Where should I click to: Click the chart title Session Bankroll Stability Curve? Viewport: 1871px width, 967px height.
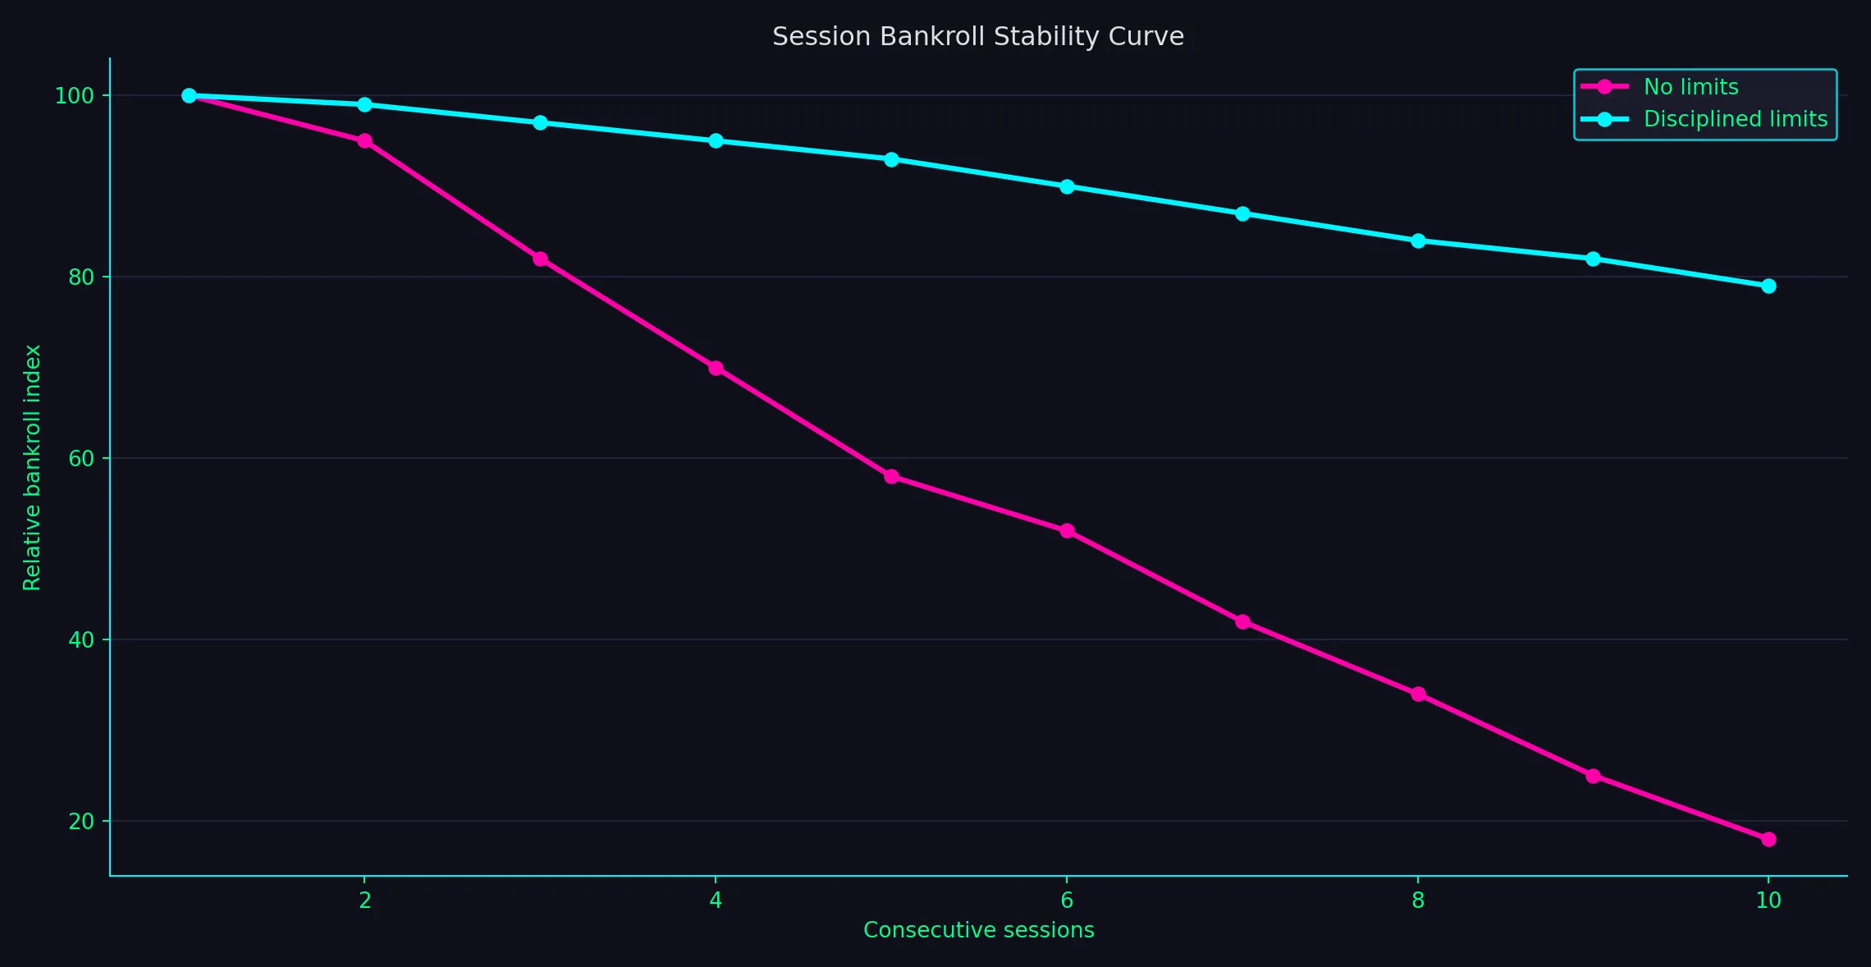pos(977,37)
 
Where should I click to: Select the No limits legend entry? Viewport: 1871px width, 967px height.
pos(1690,87)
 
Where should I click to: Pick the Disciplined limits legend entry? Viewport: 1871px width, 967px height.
pos(1735,119)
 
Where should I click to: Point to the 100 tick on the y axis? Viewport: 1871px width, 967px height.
pos(74,96)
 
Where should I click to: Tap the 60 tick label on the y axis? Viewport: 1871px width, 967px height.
pos(81,459)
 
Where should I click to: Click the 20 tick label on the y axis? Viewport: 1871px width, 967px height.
pos(81,822)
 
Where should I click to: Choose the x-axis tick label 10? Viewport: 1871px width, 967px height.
pos(1768,901)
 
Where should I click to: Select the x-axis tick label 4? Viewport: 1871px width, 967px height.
pos(716,901)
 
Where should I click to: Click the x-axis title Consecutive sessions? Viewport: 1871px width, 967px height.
pos(978,930)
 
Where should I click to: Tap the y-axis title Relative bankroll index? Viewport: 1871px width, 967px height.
pos(32,467)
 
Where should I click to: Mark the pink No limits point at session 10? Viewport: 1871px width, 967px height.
pos(1768,839)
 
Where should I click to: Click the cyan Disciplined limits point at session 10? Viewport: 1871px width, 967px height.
pos(1768,286)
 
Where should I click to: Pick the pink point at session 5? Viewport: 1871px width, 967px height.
pos(891,476)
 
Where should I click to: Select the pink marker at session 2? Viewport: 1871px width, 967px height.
pos(364,141)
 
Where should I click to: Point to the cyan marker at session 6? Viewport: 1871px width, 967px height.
pos(1067,186)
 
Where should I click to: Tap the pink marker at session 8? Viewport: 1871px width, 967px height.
pos(1418,694)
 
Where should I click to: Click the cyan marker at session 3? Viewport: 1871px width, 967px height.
pos(540,122)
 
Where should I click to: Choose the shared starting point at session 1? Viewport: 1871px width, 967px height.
pos(189,95)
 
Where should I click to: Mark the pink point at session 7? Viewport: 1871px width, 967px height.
pos(1242,621)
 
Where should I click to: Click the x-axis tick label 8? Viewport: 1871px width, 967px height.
pos(1418,901)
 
